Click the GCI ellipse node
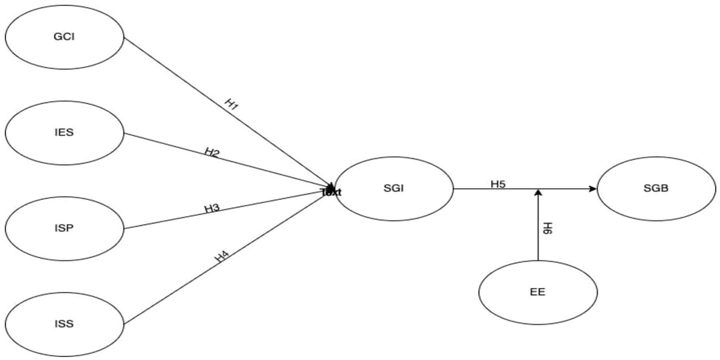(64, 37)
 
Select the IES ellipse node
(64, 133)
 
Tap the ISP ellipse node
(64, 228)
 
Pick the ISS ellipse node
(64, 324)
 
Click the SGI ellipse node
(394, 188)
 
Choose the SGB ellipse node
(656, 188)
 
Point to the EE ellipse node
(538, 292)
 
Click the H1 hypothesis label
(232, 104)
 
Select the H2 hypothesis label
(212, 152)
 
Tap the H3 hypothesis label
(212, 209)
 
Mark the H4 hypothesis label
(222, 256)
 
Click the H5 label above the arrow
(498, 184)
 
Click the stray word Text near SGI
(331, 192)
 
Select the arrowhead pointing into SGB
(593, 188)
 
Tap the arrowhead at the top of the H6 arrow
(538, 192)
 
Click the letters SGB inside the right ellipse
(656, 188)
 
